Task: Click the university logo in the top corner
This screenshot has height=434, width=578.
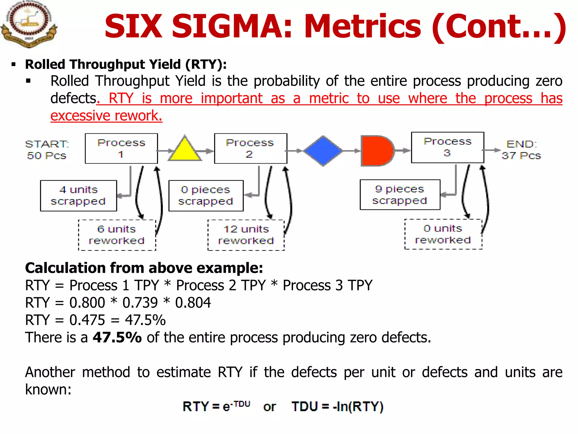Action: pyautogui.click(x=29, y=24)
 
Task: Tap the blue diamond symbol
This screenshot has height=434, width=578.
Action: pyautogui.click(x=323, y=151)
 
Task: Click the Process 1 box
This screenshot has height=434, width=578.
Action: pyautogui.click(x=121, y=148)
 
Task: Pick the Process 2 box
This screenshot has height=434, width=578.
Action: pyautogui.click(x=251, y=148)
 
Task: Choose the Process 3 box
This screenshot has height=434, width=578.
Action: pyautogui.click(x=448, y=147)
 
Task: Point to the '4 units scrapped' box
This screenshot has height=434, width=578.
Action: pyautogui.click(x=78, y=196)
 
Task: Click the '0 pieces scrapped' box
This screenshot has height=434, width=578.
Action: pyautogui.click(x=206, y=196)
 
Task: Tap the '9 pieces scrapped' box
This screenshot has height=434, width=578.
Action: pyautogui.click(x=400, y=195)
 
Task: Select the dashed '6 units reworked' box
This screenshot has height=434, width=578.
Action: pyautogui.click(x=117, y=235)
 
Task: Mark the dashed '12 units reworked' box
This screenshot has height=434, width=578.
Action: pyautogui.click(x=246, y=235)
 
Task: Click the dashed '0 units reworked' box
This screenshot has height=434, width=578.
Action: pyautogui.click(x=443, y=234)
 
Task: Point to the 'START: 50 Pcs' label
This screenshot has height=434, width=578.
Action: pyautogui.click(x=47, y=150)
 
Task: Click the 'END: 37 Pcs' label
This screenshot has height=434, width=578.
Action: pyautogui.click(x=521, y=150)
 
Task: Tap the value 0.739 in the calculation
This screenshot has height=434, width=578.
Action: pyautogui.click(x=140, y=303)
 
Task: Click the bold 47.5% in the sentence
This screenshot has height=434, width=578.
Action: pyautogui.click(x=117, y=337)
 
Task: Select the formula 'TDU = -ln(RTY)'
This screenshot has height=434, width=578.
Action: pyautogui.click(x=338, y=407)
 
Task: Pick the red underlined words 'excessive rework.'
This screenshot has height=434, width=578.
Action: pyautogui.click(x=106, y=116)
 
